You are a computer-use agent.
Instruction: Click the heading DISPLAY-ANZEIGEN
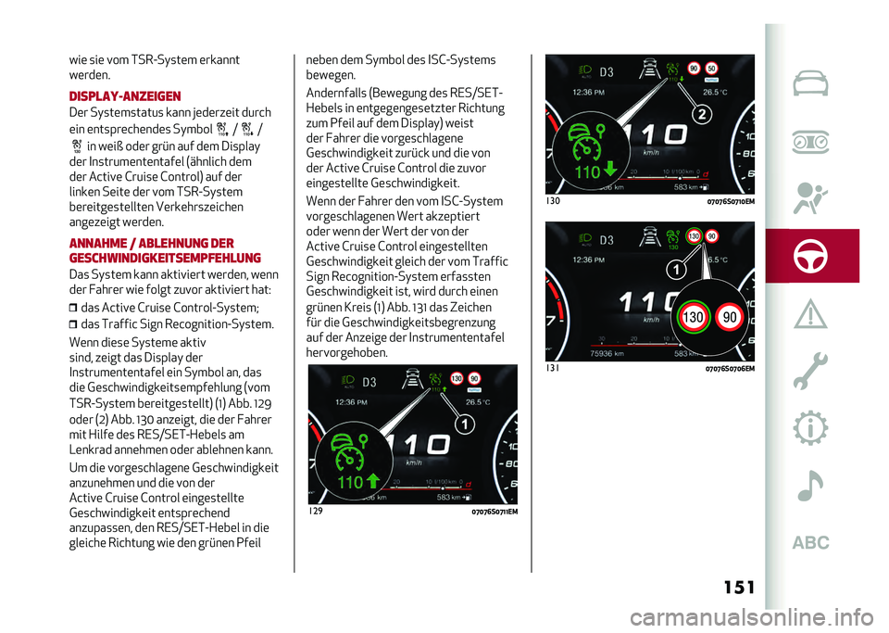(125, 96)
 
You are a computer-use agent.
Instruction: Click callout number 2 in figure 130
(702, 114)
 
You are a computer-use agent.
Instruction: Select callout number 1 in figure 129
(464, 424)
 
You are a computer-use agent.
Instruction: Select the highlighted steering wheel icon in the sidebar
(810, 256)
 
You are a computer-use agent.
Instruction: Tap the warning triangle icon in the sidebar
(810, 313)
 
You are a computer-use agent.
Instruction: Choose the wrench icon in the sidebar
(810, 370)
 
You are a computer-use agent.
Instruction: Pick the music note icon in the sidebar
(810, 484)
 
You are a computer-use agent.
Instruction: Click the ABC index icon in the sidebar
(810, 543)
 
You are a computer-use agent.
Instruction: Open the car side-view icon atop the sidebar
(810, 84)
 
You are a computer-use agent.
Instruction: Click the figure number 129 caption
(318, 511)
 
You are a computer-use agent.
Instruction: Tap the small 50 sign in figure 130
(710, 69)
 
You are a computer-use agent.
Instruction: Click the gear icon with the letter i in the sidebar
(810, 426)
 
